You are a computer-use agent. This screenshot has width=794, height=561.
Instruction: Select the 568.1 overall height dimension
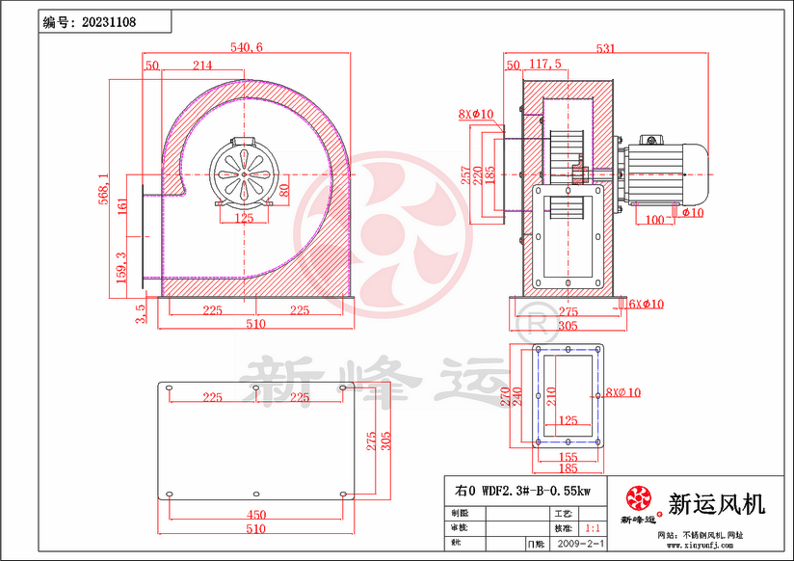tap(104, 183)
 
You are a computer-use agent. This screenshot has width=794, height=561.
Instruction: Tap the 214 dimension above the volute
tap(202, 66)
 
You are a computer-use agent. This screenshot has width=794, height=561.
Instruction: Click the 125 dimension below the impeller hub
tap(244, 218)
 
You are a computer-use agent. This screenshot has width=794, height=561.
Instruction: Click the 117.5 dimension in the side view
tap(544, 65)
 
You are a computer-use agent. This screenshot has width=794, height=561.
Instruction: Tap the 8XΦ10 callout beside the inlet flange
tap(476, 114)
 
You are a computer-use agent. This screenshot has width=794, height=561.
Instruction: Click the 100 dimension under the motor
tap(655, 220)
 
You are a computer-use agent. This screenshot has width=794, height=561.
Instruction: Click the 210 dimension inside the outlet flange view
tap(552, 395)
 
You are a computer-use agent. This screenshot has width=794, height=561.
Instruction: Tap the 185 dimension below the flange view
tap(568, 468)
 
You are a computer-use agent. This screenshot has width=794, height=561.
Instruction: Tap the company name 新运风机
tap(716, 502)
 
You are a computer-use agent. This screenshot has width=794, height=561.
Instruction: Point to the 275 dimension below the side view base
tap(568, 312)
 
